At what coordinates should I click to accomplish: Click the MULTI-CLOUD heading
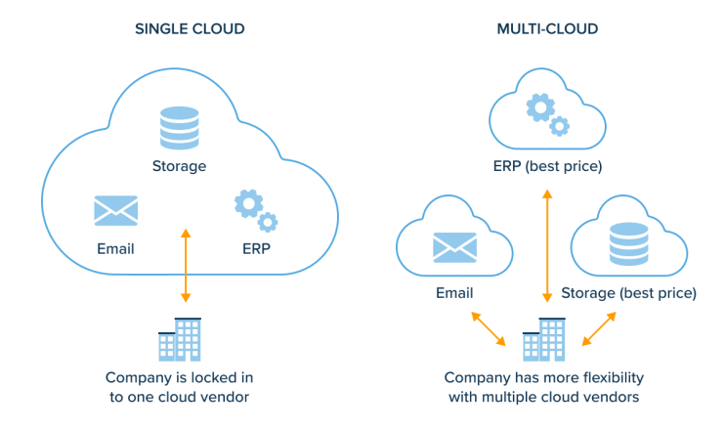pyautogui.click(x=546, y=29)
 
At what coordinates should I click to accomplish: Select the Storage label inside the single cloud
pyautogui.click(x=179, y=166)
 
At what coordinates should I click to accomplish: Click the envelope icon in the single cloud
pyautogui.click(x=115, y=210)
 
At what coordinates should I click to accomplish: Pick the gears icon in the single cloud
pyautogui.click(x=255, y=210)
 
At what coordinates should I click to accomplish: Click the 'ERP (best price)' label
pyautogui.click(x=546, y=166)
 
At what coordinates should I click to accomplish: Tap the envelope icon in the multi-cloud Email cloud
pyautogui.click(x=454, y=248)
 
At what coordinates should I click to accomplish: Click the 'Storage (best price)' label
pyautogui.click(x=634, y=292)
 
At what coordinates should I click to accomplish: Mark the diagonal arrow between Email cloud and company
pyautogui.click(x=489, y=329)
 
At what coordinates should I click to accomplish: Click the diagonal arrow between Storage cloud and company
pyautogui.click(x=599, y=329)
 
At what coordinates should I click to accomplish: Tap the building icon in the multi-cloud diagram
pyautogui.click(x=544, y=339)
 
